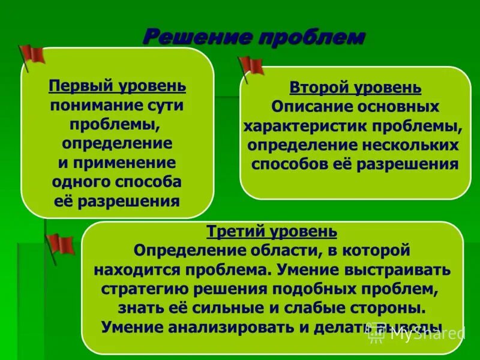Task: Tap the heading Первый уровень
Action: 117,86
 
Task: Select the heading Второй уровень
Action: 355,88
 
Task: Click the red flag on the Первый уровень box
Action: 32,55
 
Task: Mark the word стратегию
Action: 139,289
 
